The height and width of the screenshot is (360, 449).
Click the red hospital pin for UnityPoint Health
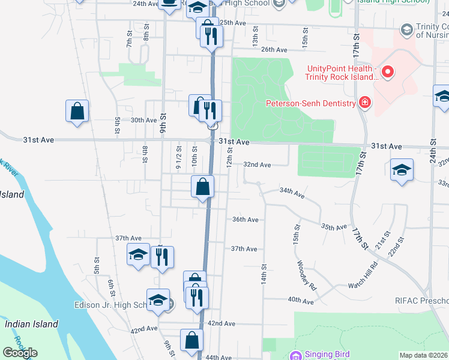point(387,73)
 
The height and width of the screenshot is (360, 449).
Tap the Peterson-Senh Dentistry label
point(311,103)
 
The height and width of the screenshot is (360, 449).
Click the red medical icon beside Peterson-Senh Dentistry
point(364,103)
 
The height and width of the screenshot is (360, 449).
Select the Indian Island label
point(32,324)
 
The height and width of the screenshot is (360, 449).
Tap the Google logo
point(20,353)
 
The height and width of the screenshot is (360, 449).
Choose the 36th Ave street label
point(245,220)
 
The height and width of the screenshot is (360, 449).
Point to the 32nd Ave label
point(257,164)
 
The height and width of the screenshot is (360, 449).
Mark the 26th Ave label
point(274,50)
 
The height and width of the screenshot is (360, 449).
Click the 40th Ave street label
point(301,299)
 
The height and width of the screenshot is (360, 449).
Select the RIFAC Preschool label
point(421,300)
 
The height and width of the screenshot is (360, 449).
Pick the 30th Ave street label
point(143,120)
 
